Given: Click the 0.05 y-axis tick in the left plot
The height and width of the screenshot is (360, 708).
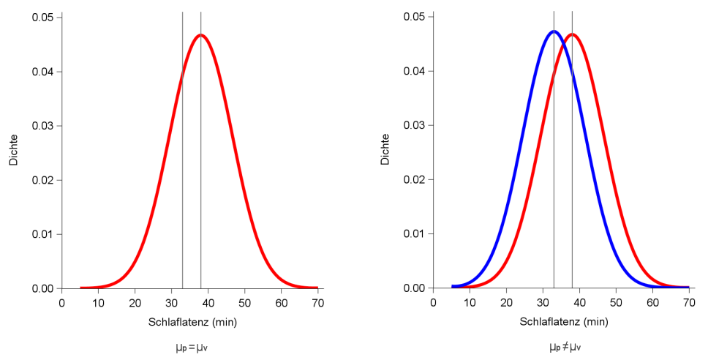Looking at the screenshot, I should [42, 18].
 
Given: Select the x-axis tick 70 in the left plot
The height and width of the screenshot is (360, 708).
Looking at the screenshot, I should [317, 302].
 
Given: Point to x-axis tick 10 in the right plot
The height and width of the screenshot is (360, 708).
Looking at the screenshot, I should [470, 302].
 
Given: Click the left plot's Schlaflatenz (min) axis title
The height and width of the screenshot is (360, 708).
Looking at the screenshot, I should [192, 322].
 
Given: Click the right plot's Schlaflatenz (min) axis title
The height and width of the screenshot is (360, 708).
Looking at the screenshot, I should [564, 322].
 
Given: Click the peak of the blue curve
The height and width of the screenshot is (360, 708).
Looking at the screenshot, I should [554, 31].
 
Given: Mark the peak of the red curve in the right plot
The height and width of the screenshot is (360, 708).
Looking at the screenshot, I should [572, 34].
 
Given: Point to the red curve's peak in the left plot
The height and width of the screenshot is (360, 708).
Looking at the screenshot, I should [200, 34].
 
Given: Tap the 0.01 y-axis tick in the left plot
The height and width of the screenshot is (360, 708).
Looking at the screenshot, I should [42, 234].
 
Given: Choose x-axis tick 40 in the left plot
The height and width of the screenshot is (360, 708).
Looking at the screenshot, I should [208, 302].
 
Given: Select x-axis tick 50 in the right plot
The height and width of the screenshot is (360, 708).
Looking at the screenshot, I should [616, 302].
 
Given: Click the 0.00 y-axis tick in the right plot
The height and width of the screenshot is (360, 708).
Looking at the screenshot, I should [413, 288].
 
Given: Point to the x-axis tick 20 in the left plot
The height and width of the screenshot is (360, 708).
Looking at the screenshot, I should [135, 302].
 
